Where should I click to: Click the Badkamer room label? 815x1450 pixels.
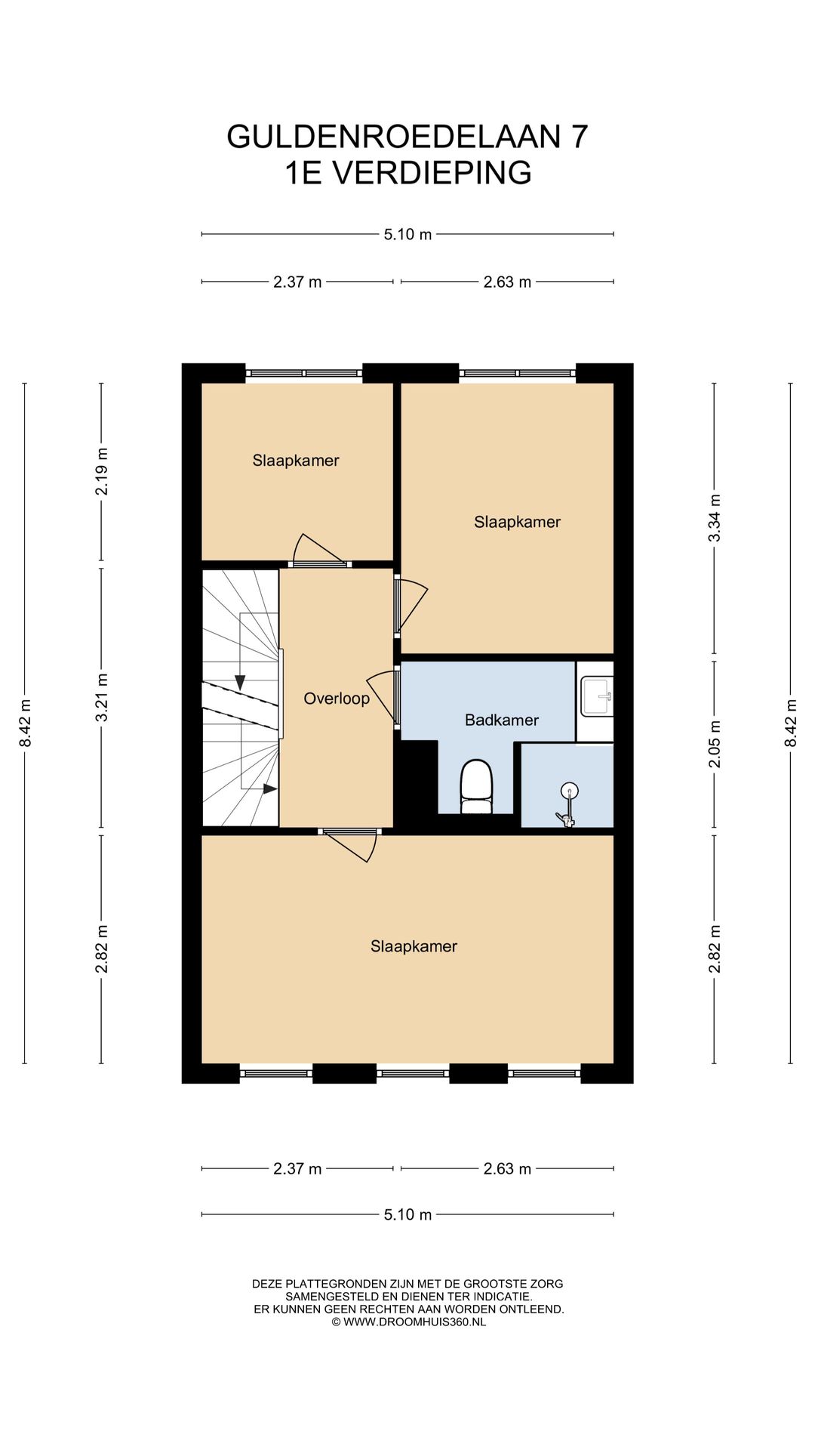(501, 720)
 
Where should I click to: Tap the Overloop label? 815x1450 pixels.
(337, 699)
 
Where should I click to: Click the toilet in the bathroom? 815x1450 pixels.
(476, 787)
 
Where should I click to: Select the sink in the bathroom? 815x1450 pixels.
(597, 696)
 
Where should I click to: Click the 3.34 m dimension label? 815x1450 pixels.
(715, 517)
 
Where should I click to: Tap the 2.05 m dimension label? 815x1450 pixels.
(715, 744)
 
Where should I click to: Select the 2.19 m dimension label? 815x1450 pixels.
(102, 471)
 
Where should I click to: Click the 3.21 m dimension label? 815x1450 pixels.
(102, 697)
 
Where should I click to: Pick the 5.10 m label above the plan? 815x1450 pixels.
(407, 234)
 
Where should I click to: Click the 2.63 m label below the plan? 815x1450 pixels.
(507, 1169)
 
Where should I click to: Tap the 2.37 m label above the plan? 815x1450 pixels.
(297, 282)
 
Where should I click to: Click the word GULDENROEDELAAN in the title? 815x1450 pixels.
(394, 137)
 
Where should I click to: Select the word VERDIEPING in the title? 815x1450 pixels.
(432, 173)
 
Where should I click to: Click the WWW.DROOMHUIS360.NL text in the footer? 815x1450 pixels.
(414, 1322)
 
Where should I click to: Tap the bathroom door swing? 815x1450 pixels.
(383, 696)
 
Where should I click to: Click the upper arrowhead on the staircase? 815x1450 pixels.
(240, 682)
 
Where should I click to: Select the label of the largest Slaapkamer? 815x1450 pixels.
(414, 946)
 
